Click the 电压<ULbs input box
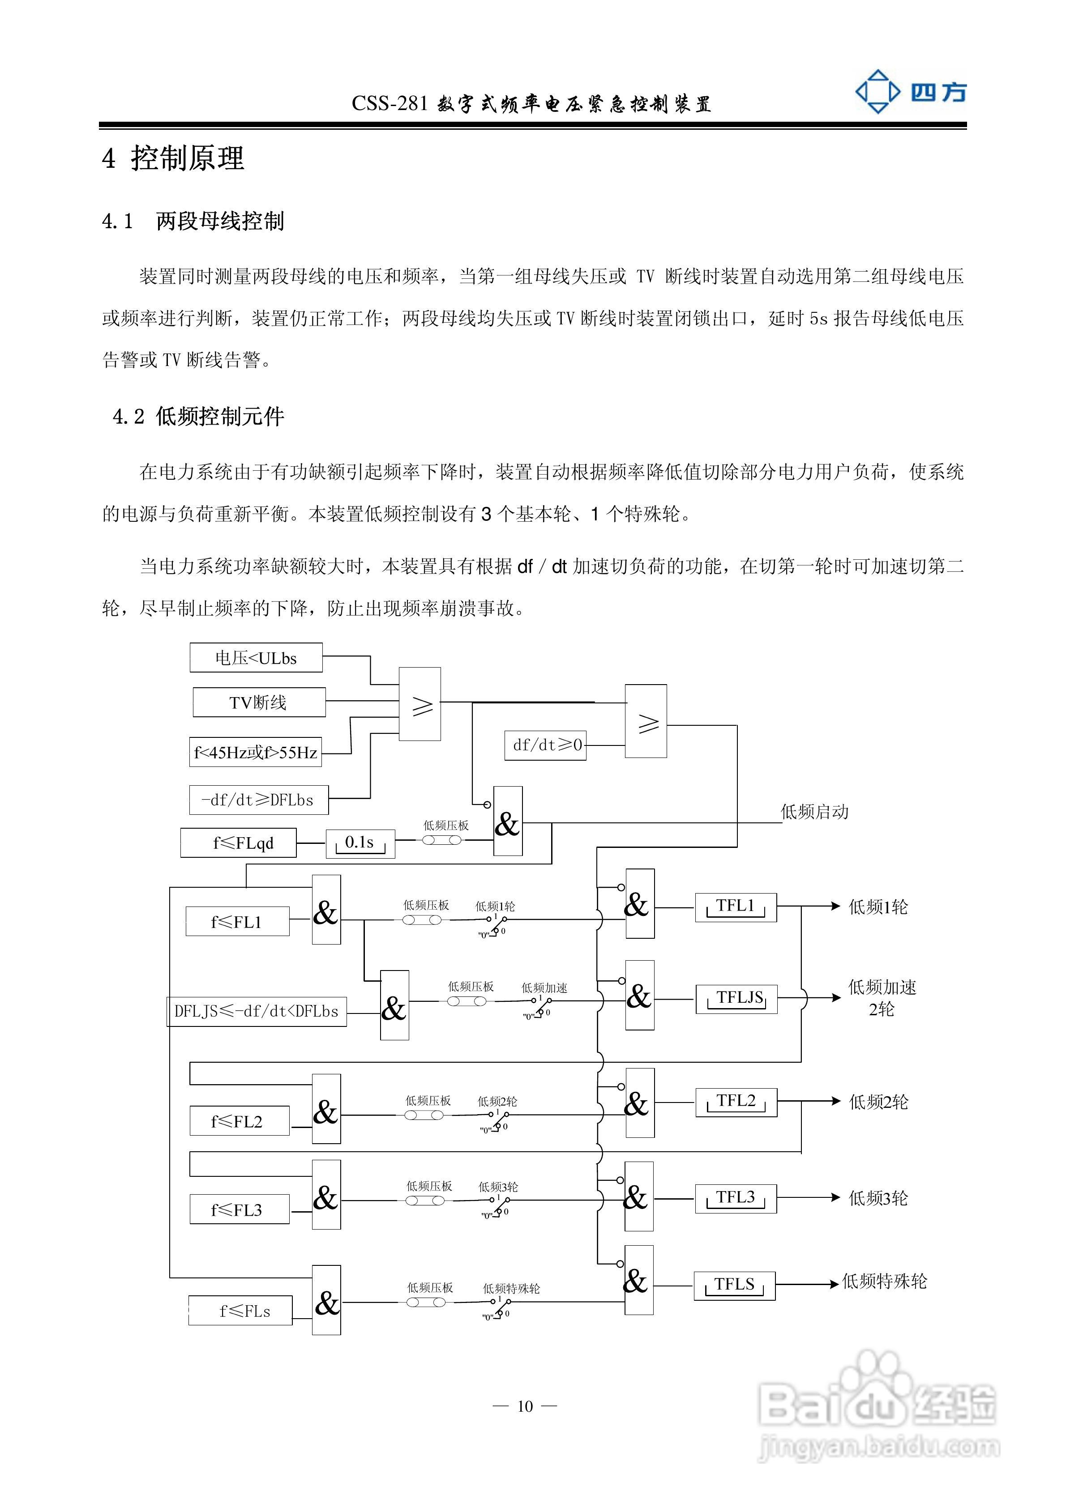[256, 658]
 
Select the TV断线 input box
[259, 702]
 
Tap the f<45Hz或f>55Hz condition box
[256, 752]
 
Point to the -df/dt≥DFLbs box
[259, 800]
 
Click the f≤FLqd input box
[239, 843]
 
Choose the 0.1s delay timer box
[360, 843]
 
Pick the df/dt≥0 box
[545, 745]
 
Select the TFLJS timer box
[736, 999]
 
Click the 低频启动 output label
[814, 812]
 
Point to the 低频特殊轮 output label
[884, 1281]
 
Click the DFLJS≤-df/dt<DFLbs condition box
[256, 1011]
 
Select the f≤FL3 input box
[239, 1209]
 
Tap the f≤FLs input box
[240, 1311]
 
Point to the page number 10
[525, 1406]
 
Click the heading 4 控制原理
[173, 158]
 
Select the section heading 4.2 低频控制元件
[198, 416]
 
